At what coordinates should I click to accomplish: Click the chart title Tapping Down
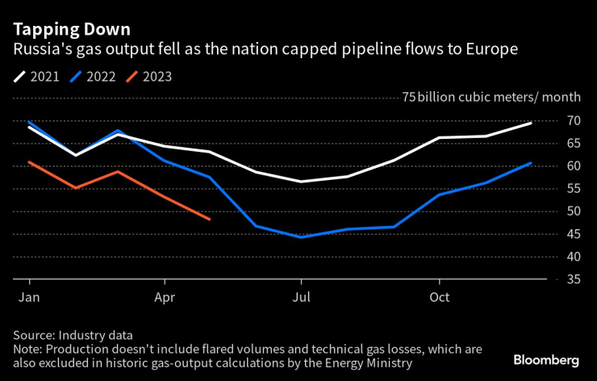pyautogui.click(x=71, y=29)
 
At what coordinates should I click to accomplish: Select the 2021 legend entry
pyautogui.click(x=38, y=77)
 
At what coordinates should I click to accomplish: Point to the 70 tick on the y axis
pyautogui.click(x=574, y=120)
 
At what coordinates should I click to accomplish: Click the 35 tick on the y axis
pyautogui.click(x=574, y=279)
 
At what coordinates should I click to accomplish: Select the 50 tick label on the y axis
pyautogui.click(x=574, y=211)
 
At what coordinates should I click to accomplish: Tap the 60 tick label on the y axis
pyautogui.click(x=574, y=165)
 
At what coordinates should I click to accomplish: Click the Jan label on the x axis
pyautogui.click(x=29, y=296)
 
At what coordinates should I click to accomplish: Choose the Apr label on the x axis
pyautogui.click(x=165, y=296)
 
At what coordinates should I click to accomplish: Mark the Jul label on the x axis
pyautogui.click(x=301, y=296)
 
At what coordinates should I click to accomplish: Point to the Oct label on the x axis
pyautogui.click(x=439, y=296)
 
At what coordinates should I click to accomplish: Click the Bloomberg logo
pyautogui.click(x=547, y=358)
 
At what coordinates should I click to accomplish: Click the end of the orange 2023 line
pyautogui.click(x=210, y=219)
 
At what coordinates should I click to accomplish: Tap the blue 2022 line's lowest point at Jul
pyautogui.click(x=301, y=237)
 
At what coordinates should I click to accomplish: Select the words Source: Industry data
pyautogui.click(x=73, y=335)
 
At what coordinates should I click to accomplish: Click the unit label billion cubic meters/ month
pyautogui.click(x=499, y=97)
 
